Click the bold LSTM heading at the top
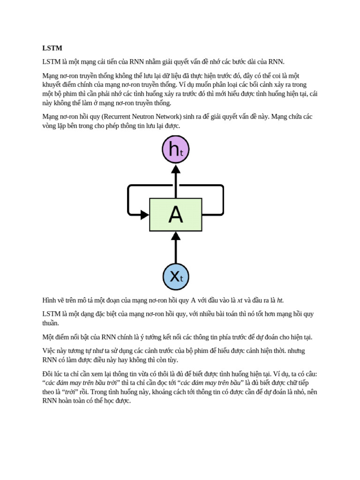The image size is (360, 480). click(x=52, y=48)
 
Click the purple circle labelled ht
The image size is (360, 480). click(x=175, y=150)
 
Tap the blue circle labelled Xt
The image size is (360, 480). click(x=176, y=277)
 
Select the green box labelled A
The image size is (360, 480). click(x=176, y=215)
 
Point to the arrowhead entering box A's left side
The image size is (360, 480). click(x=145, y=215)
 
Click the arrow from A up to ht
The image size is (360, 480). click(x=176, y=181)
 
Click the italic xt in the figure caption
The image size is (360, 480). click(x=240, y=300)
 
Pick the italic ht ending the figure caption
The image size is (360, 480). click(x=280, y=300)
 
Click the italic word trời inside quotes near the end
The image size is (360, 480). click(x=69, y=392)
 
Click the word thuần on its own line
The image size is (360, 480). click(x=51, y=323)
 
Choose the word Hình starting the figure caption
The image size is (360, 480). click(x=49, y=300)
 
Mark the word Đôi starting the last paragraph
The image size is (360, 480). click(x=48, y=374)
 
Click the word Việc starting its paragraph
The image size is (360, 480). click(x=50, y=351)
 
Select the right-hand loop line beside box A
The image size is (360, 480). click(x=223, y=200)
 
